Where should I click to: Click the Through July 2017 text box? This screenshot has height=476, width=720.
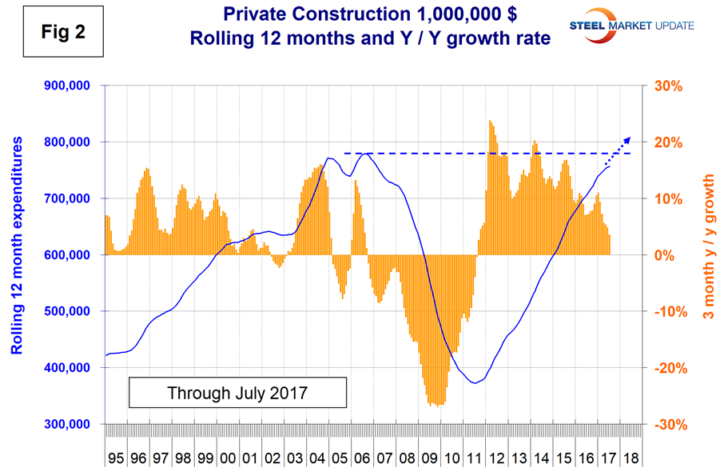coord(237,394)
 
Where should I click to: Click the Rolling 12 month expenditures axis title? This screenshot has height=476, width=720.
coord(16,255)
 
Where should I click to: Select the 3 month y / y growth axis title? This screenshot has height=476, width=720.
coord(707,255)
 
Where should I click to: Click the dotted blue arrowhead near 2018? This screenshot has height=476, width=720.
coord(627,138)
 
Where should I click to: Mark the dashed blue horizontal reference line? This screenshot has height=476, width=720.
coord(479,153)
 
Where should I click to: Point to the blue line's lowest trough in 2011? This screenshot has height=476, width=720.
coord(475,383)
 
